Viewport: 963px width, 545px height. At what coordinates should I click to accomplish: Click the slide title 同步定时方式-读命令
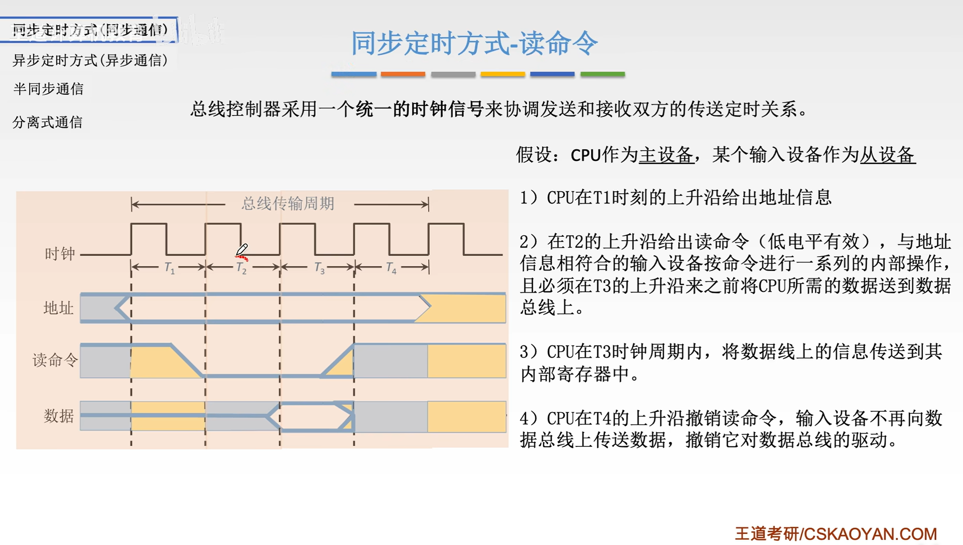pyautogui.click(x=474, y=43)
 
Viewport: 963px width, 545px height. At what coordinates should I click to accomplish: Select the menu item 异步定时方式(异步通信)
pyautogui.click(x=90, y=60)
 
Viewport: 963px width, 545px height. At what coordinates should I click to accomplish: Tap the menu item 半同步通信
pyautogui.click(x=48, y=89)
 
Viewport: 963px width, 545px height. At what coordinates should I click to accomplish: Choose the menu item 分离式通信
pyautogui.click(x=48, y=122)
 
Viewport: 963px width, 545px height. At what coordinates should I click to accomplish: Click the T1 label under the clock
pyautogui.click(x=169, y=268)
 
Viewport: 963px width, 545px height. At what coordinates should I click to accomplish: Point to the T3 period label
pyautogui.click(x=319, y=268)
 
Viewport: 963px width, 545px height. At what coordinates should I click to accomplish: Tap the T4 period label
pyautogui.click(x=391, y=268)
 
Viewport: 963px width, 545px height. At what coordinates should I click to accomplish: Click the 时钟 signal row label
pyautogui.click(x=60, y=254)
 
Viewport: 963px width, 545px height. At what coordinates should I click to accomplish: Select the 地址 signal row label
pyautogui.click(x=59, y=308)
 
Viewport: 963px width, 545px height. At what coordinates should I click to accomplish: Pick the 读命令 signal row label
pyautogui.click(x=55, y=360)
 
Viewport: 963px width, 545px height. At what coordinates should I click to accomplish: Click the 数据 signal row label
pyautogui.click(x=59, y=416)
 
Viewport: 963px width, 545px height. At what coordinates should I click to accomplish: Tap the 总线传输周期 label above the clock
pyautogui.click(x=288, y=204)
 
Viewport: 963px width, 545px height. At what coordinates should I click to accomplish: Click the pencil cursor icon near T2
pyautogui.click(x=242, y=250)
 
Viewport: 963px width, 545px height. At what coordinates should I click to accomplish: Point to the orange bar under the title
pyautogui.click(x=403, y=74)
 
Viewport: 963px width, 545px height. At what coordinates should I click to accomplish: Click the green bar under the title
pyautogui.click(x=602, y=74)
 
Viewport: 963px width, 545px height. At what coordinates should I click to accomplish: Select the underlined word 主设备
pyautogui.click(x=666, y=155)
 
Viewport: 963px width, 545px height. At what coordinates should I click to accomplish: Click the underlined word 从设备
pyautogui.click(x=887, y=155)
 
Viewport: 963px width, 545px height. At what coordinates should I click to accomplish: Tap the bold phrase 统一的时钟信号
pyautogui.click(x=420, y=109)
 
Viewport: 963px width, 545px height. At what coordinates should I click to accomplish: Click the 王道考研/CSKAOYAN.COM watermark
pyautogui.click(x=835, y=534)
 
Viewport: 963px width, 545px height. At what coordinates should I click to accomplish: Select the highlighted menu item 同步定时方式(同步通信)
pyautogui.click(x=89, y=30)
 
